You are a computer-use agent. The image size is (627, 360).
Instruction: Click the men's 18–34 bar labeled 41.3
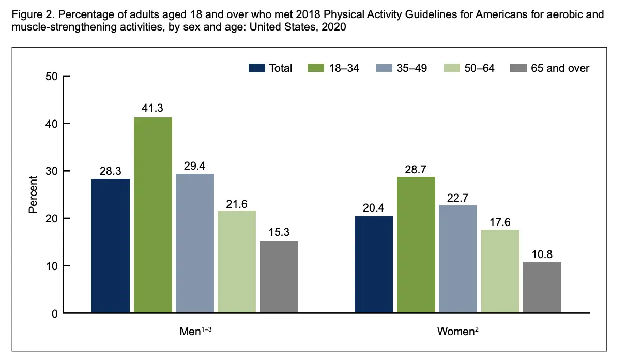(153, 215)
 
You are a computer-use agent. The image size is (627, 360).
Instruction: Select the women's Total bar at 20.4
(374, 264)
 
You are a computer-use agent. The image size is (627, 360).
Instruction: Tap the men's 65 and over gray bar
(279, 277)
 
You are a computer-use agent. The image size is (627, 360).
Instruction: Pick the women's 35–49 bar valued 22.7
(458, 259)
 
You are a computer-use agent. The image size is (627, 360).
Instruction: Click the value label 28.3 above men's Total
(111, 171)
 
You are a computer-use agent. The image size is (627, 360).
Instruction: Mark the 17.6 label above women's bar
(500, 221)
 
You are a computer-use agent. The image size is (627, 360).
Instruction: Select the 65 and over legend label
(560, 68)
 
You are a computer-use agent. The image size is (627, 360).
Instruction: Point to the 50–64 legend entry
(479, 68)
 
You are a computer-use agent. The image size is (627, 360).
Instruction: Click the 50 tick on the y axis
(51, 77)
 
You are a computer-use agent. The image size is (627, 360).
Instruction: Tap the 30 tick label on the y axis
(51, 171)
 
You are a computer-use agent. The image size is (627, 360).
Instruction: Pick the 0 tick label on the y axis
(54, 313)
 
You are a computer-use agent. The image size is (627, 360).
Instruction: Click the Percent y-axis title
(33, 194)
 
